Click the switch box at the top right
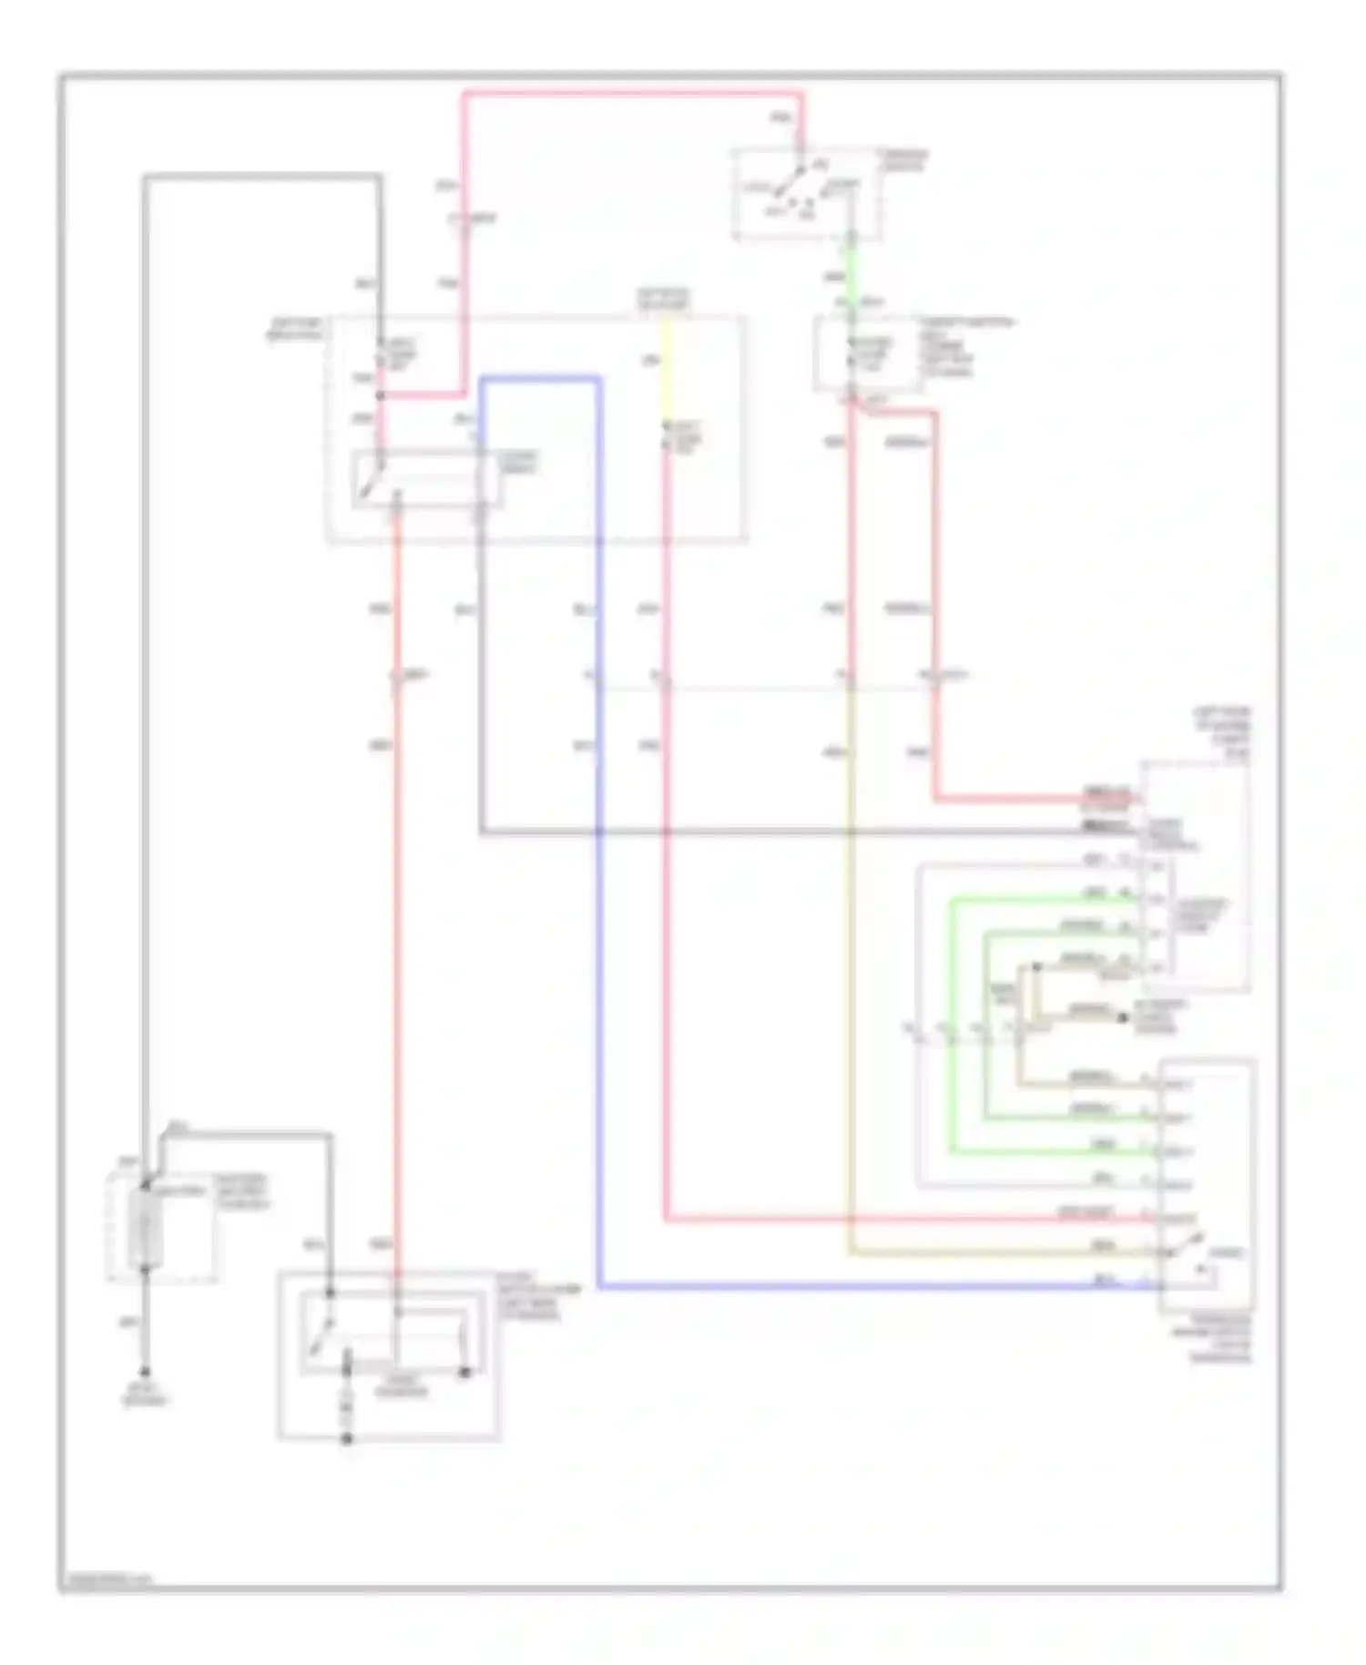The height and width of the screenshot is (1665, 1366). pyautogui.click(x=806, y=194)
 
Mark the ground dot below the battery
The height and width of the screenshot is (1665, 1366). pyautogui.click(x=145, y=1373)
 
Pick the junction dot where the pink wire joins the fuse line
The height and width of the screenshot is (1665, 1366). pyautogui.click(x=381, y=395)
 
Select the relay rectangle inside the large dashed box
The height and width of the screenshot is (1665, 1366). pyautogui.click(x=426, y=479)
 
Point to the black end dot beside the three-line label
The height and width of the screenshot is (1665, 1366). pyautogui.click(x=1122, y=1016)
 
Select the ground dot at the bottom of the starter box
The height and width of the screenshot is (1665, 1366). pyautogui.click(x=347, y=1439)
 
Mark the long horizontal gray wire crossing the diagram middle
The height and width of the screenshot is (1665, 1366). pyautogui.click(x=774, y=832)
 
